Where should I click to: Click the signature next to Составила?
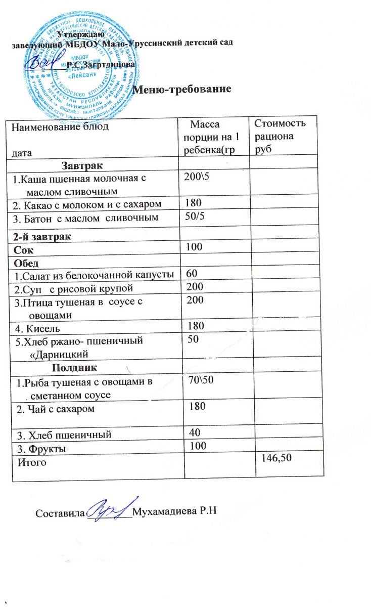click(x=109, y=507)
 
